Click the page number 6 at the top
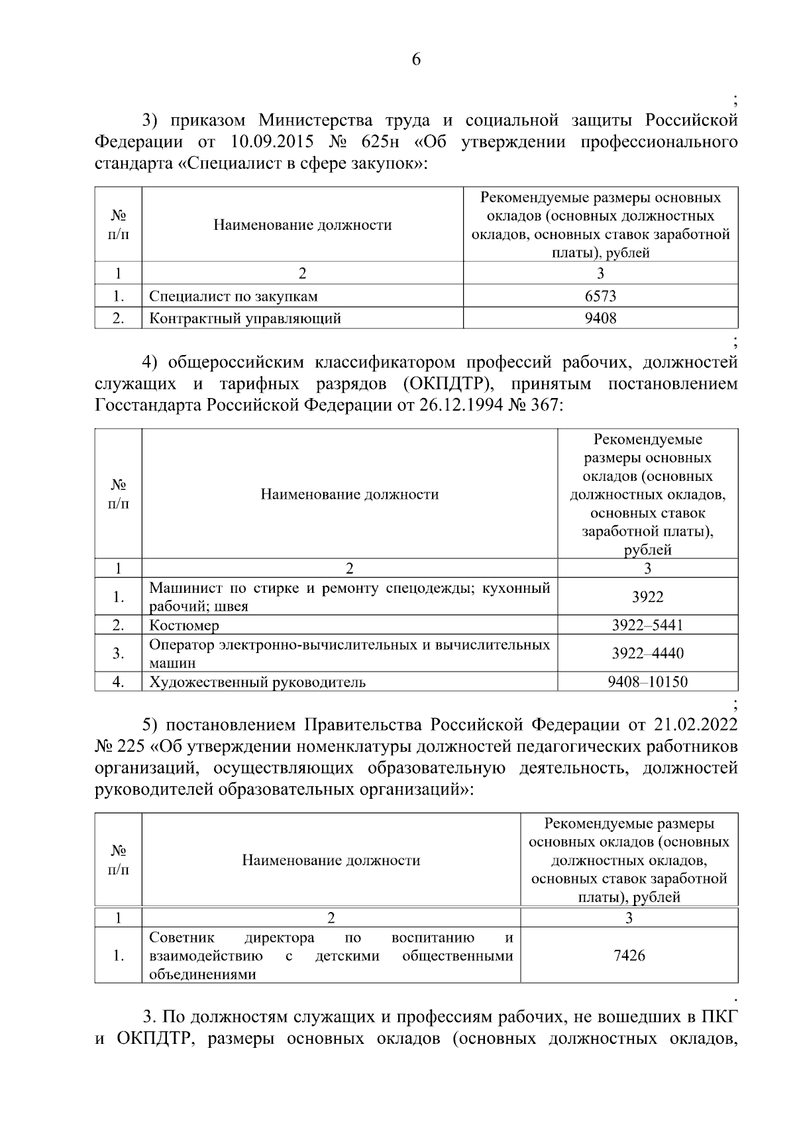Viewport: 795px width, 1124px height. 416,60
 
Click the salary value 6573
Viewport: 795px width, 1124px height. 600,296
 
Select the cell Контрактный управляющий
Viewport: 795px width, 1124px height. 245,319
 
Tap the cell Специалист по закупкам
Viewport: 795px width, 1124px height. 233,296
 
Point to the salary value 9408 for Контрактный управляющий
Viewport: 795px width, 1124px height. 600,319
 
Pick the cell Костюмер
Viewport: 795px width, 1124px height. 184,625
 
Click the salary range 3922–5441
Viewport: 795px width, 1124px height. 647,625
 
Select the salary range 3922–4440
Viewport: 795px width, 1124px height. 647,654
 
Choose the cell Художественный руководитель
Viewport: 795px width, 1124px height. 257,682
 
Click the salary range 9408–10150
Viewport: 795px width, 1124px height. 647,682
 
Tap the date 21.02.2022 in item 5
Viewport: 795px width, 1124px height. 696,723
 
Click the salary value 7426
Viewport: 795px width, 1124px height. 629,956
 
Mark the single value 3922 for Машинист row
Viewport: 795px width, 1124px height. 647,597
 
